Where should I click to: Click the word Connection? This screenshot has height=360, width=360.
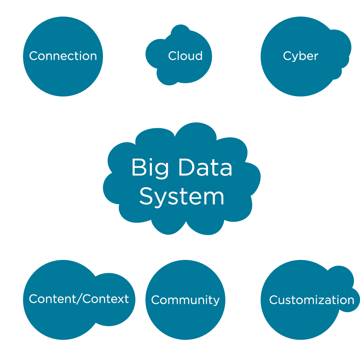(63, 56)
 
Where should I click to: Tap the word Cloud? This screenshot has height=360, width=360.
(185, 56)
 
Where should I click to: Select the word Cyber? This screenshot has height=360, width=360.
(301, 56)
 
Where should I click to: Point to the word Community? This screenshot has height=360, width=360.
(185, 300)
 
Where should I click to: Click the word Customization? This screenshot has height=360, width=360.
(312, 300)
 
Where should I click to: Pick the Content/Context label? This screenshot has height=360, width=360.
(79, 299)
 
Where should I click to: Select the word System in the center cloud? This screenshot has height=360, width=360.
(182, 197)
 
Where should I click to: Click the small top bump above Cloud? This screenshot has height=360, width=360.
(180, 31)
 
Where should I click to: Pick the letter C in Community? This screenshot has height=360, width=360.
(155, 300)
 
